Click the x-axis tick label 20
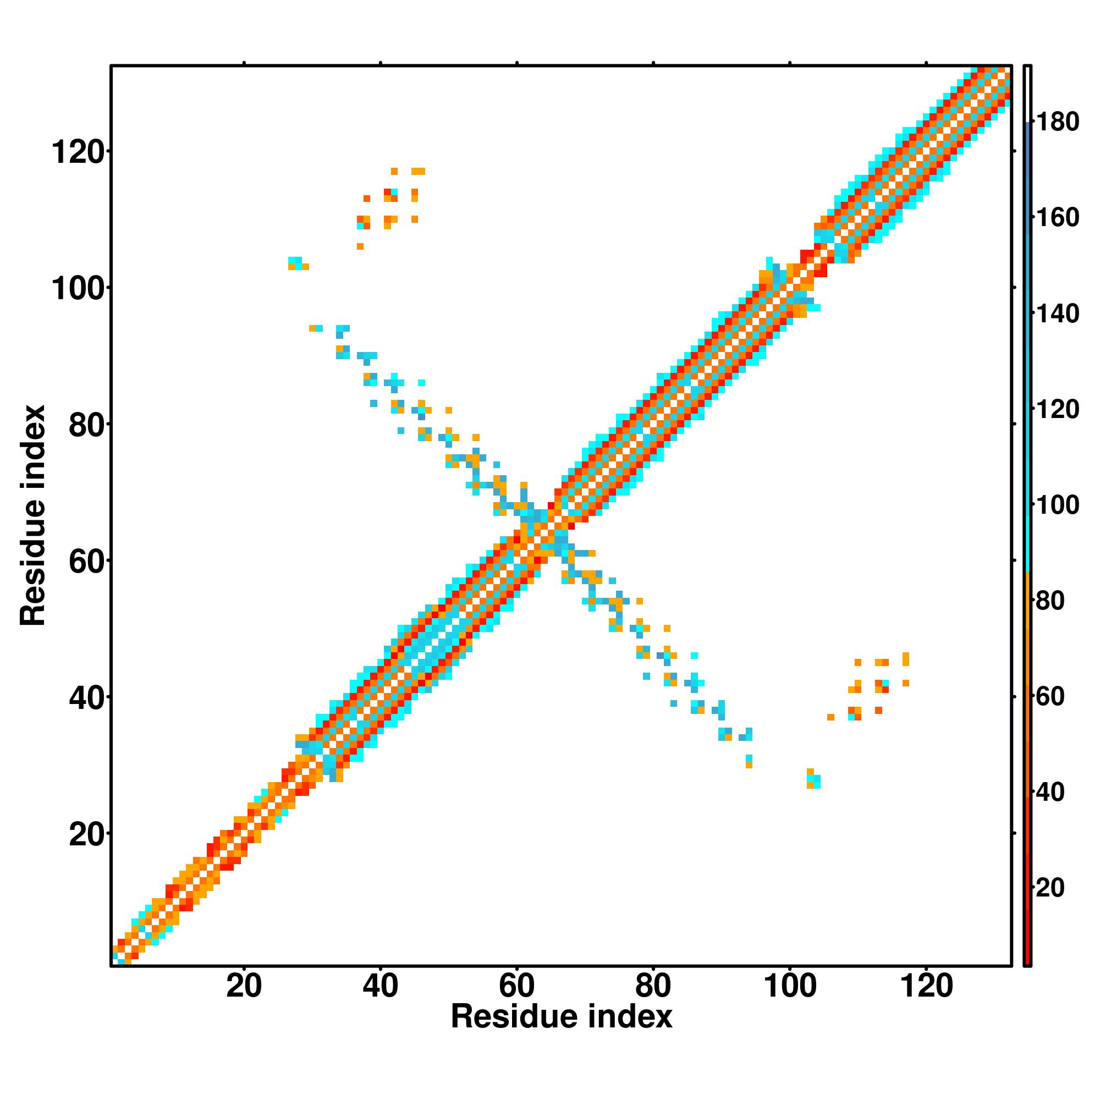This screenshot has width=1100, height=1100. [x=244, y=986]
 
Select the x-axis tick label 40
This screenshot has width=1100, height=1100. [x=381, y=986]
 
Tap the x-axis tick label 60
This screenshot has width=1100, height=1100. [x=516, y=986]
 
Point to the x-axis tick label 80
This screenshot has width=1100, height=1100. [x=653, y=986]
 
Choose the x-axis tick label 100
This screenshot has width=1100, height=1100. [x=789, y=986]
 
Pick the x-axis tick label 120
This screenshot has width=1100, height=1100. [x=926, y=986]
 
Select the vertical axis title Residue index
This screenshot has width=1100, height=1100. [x=33, y=515]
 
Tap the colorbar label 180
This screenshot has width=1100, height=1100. [x=1057, y=122]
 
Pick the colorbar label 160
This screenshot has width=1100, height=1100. [x=1057, y=217]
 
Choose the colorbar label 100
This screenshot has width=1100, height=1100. [x=1057, y=505]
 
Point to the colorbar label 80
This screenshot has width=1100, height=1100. [x=1050, y=601]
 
